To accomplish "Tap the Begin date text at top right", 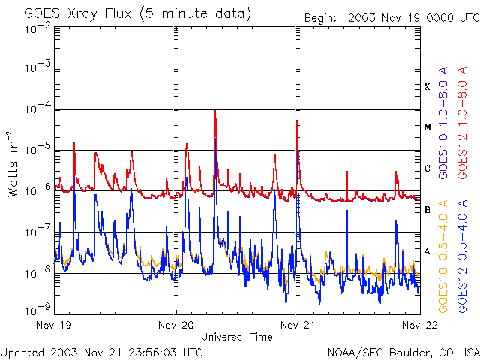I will click(x=391, y=17).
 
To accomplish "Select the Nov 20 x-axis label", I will click(x=177, y=325).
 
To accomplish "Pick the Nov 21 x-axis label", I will click(x=298, y=325).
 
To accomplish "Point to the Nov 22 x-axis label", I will click(x=418, y=325).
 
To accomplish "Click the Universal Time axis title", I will click(x=237, y=337).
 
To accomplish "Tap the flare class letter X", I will click(x=427, y=87).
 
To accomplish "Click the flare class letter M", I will click(x=427, y=127).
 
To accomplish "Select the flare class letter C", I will click(x=427, y=169).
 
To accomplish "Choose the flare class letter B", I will click(x=427, y=210).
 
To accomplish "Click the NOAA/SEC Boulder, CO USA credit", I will click(x=403, y=351).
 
